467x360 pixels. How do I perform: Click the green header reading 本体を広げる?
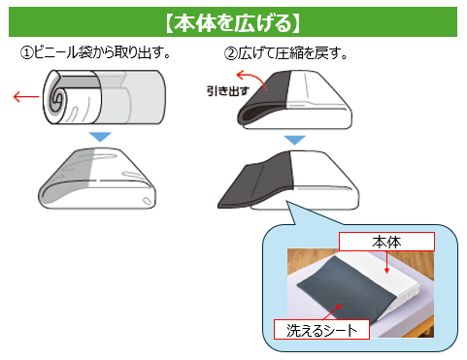pos(233,22)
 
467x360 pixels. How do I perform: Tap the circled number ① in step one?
pos(27,52)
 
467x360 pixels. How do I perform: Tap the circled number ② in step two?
pos(231,53)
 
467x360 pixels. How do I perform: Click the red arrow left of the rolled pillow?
pos(26,96)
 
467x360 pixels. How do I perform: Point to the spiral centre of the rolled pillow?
pos(58,97)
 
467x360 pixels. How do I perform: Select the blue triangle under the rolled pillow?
pos(100,137)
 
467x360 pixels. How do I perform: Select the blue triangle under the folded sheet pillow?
pos(294,140)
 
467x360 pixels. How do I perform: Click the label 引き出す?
pos(228,91)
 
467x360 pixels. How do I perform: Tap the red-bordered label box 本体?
pos(386,242)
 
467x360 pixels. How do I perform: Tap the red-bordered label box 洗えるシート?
pos(321,330)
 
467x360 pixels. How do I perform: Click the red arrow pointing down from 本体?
pos(386,262)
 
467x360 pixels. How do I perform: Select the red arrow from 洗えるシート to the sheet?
pos(332,312)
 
